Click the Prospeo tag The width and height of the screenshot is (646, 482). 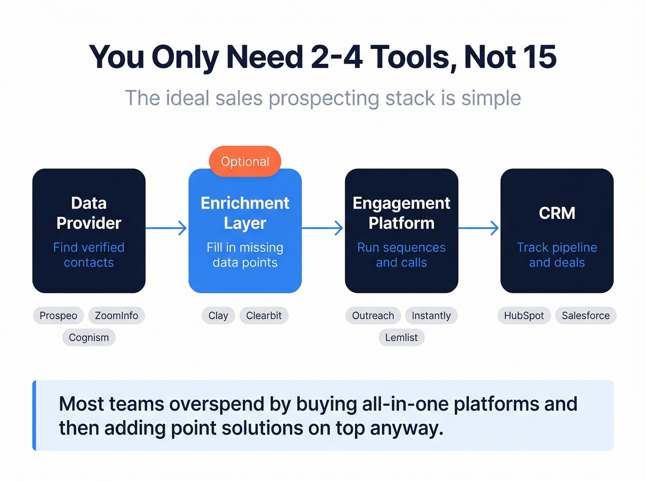point(58,315)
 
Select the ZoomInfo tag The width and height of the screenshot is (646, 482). point(116,315)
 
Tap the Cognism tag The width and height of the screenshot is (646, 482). point(89,338)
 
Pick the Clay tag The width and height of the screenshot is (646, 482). point(218,315)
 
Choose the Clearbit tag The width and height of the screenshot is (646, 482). point(263,315)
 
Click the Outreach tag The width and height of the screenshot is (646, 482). point(373,315)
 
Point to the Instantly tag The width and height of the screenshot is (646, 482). point(431,315)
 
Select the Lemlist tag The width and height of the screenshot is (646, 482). point(401,338)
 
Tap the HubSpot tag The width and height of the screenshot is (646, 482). point(524,315)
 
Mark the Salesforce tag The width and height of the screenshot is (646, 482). point(586,315)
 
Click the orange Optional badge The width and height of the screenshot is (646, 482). point(245,161)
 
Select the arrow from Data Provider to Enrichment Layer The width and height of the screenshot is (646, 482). point(167,228)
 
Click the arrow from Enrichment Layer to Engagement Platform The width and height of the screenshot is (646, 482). point(323,228)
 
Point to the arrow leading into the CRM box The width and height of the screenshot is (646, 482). point(479,228)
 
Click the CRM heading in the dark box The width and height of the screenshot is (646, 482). point(557,213)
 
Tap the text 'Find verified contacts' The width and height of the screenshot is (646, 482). point(89,255)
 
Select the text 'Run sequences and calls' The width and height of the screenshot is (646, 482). point(401,255)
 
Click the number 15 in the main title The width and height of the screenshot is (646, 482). point(539,57)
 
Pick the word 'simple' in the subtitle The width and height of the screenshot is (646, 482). point(491,98)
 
